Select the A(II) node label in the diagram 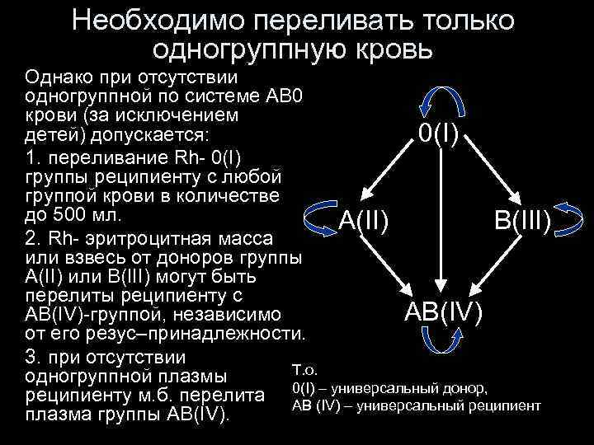pos(364,220)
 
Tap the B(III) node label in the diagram pos(522,221)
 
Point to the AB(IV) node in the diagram pos(444,311)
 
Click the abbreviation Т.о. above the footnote pos(305,369)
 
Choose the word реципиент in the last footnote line pos(508,405)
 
